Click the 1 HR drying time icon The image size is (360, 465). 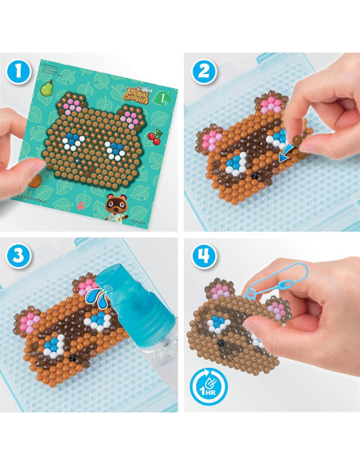coord(205,390)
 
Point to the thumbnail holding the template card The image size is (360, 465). coord(32,163)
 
